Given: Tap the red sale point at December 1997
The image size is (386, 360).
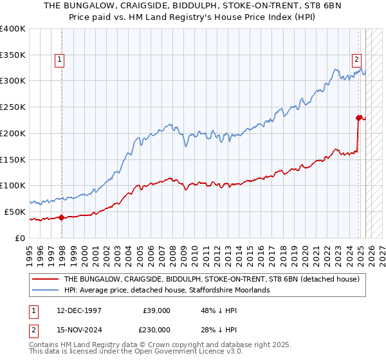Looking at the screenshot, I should [61, 217].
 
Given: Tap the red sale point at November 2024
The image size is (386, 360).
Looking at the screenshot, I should [359, 118].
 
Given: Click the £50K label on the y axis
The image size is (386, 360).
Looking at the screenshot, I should [14, 212].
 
